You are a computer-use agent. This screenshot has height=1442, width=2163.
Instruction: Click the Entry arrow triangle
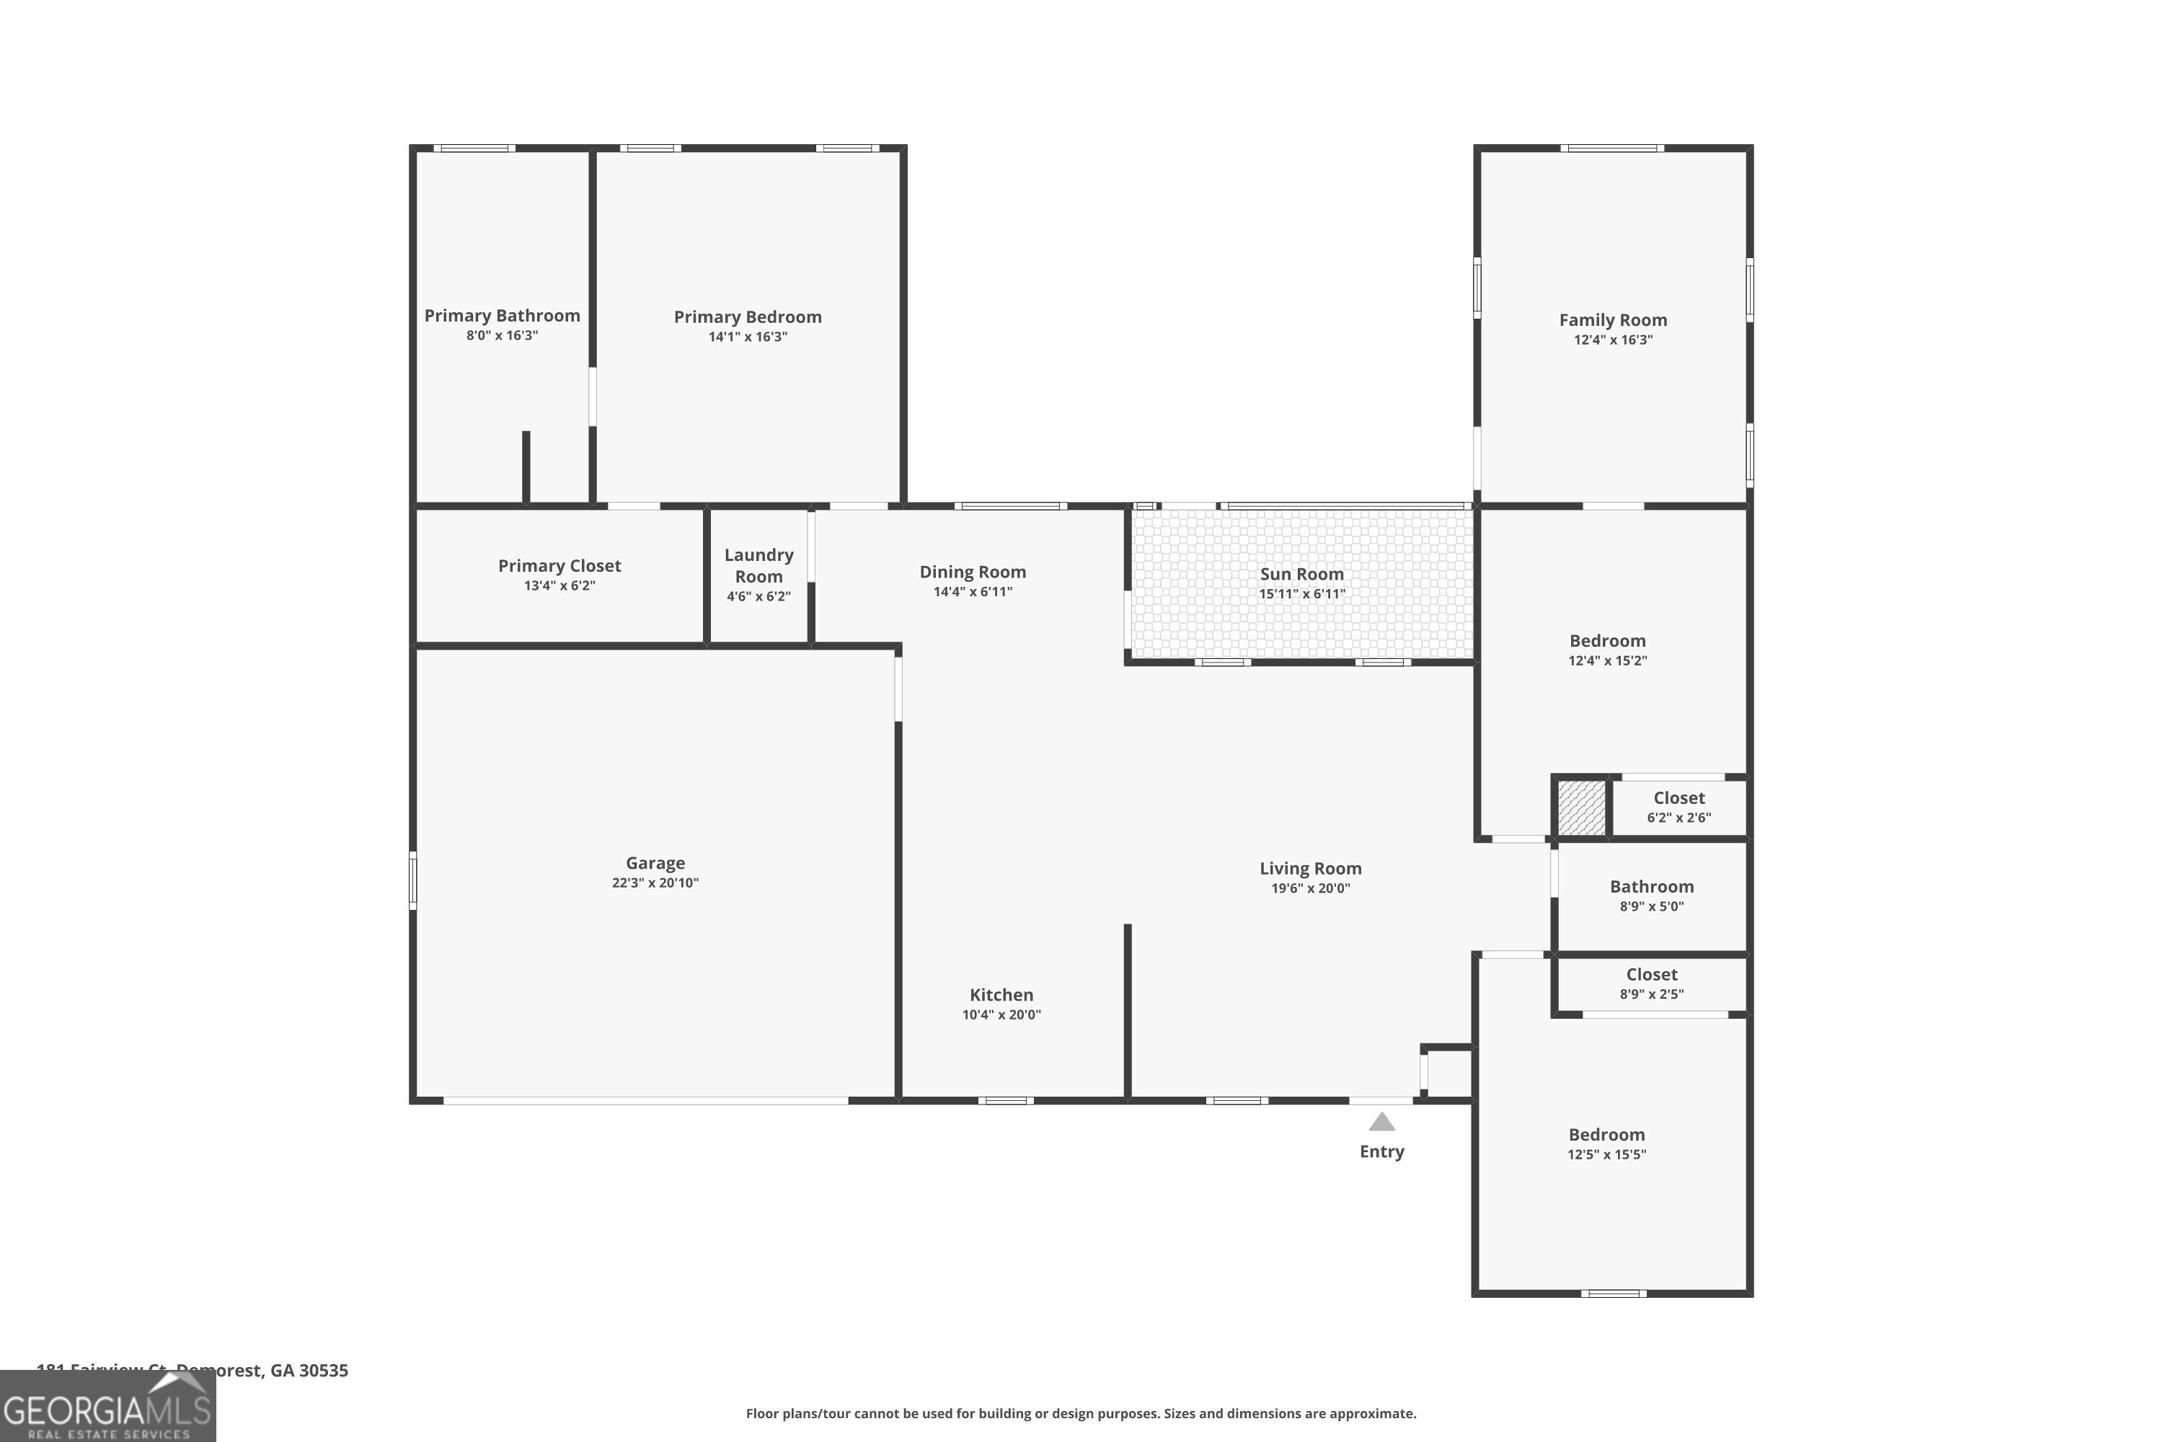coord(1381,1123)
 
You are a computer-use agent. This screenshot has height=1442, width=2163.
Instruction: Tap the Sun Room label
coord(1301,574)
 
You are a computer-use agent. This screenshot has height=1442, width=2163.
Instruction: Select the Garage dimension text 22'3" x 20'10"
coord(655,883)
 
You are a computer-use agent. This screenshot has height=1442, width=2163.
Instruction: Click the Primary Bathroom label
coord(501,316)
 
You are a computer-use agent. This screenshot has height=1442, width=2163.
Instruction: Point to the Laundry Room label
coord(758,565)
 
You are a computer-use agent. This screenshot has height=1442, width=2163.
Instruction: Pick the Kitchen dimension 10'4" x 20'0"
coord(1001,1015)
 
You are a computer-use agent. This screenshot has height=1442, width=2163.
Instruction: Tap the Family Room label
coord(1612,320)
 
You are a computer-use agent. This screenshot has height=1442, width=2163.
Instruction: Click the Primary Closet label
coord(559,565)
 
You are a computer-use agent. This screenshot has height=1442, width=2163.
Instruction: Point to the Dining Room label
coord(972,572)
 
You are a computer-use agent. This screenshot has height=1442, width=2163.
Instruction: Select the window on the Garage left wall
coord(413,880)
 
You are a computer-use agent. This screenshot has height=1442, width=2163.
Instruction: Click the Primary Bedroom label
coord(747,317)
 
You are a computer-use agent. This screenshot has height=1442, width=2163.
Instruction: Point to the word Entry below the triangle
coord(1381,1151)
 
